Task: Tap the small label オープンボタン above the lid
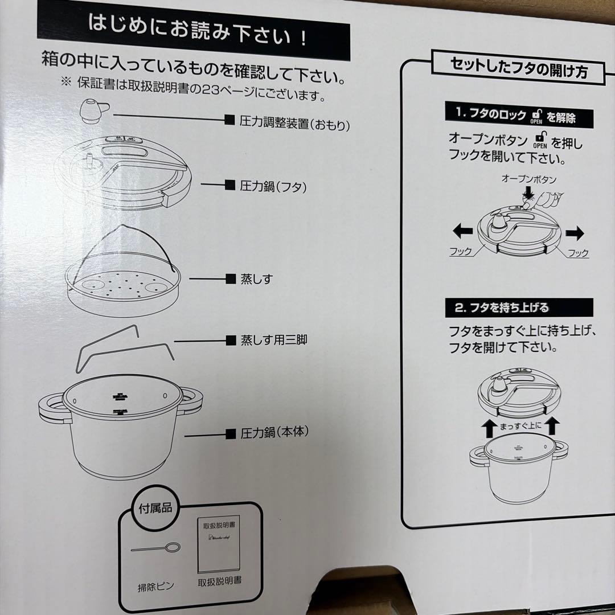coord(528,179)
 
